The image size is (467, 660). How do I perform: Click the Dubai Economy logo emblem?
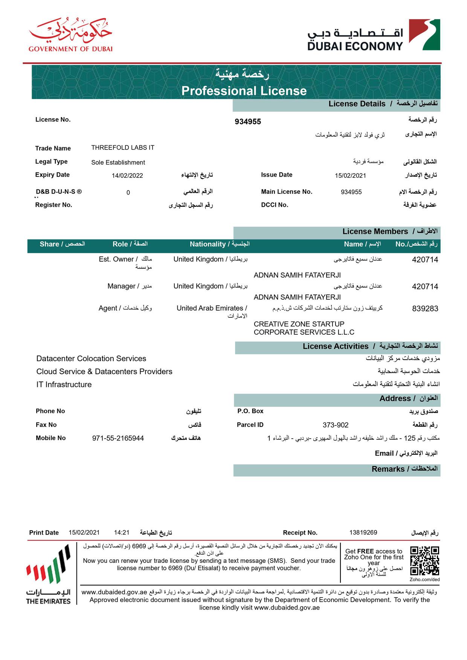point(424,35)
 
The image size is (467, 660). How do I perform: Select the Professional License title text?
point(244,91)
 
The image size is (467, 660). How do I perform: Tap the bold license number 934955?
point(247,122)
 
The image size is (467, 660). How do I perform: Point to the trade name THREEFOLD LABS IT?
point(122,148)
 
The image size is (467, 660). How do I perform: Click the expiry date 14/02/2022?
point(127,175)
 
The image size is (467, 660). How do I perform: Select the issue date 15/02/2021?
point(350,175)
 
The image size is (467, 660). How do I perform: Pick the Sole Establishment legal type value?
point(118,162)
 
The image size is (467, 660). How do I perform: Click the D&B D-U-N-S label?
point(59,192)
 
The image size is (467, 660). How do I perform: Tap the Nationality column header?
point(219,244)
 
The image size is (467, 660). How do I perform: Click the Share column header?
point(62,244)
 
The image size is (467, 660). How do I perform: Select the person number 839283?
point(425,309)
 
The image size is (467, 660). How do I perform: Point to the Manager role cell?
point(129,286)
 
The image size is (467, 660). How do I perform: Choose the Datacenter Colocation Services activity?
point(91,358)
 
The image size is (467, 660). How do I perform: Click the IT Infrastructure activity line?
point(64,384)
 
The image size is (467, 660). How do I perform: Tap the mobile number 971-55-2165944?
point(118,438)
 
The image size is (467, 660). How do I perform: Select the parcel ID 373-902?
point(335,425)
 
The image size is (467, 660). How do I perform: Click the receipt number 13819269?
point(363,532)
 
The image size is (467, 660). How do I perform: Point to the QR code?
point(424,561)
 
